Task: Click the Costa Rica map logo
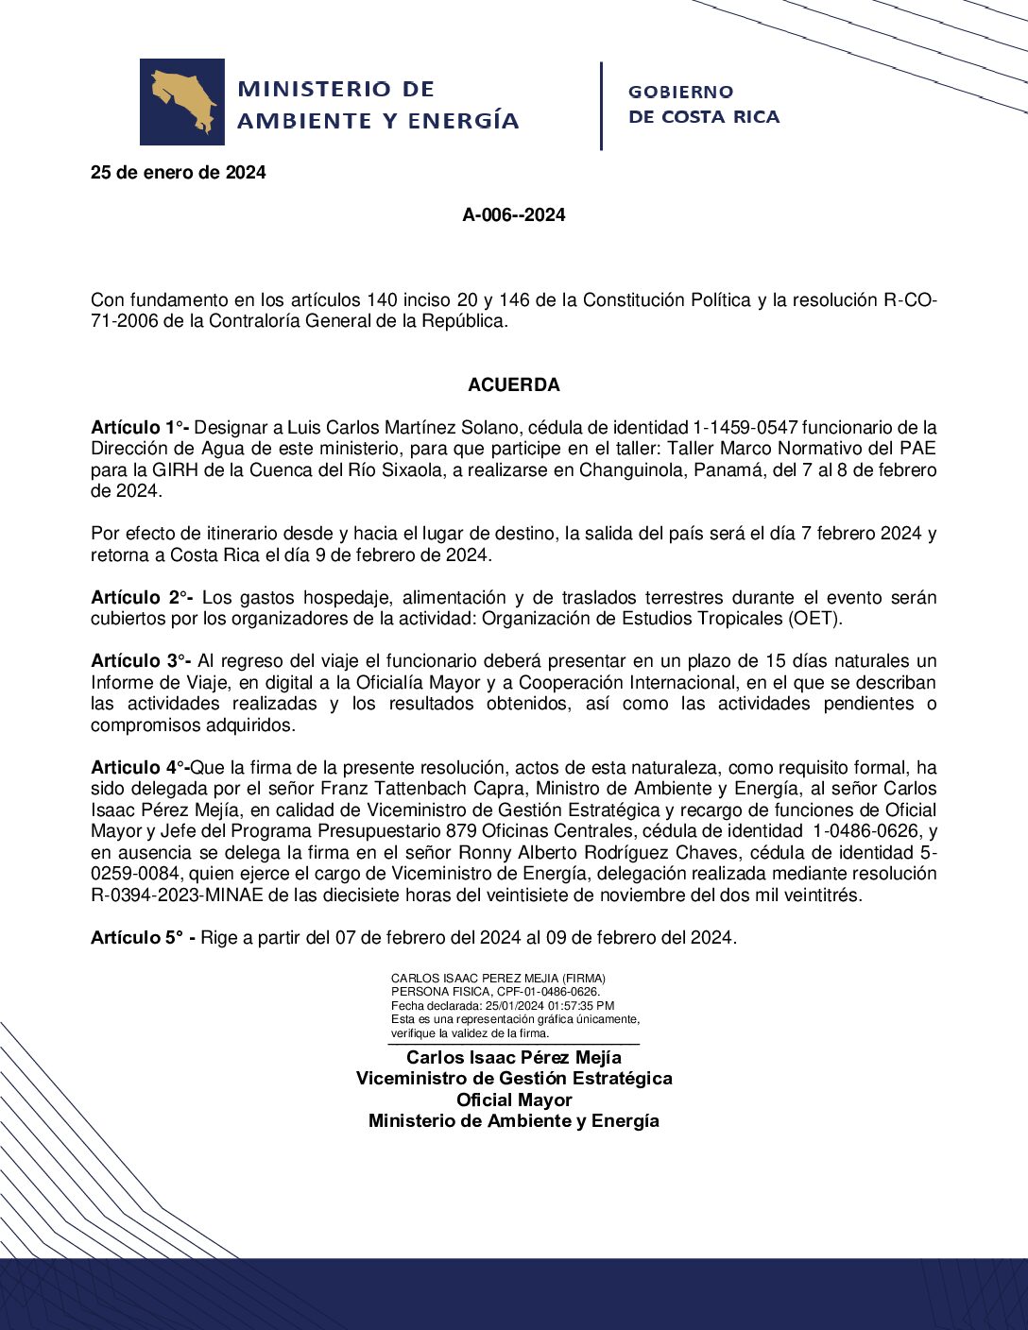coord(182,102)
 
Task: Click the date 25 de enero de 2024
coord(178,173)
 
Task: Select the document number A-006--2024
coord(513,215)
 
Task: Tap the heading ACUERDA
coord(513,385)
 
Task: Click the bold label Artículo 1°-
coord(140,428)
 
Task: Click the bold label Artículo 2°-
coord(142,598)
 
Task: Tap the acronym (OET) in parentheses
coord(814,619)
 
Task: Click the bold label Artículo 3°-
coord(142,661)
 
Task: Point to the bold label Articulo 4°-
coord(140,768)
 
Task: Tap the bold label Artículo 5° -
coord(143,938)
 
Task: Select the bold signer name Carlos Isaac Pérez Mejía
coord(513,1058)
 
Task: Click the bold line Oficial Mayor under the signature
coord(513,1100)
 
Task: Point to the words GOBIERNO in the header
coord(680,93)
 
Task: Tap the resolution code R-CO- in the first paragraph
coord(910,300)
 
